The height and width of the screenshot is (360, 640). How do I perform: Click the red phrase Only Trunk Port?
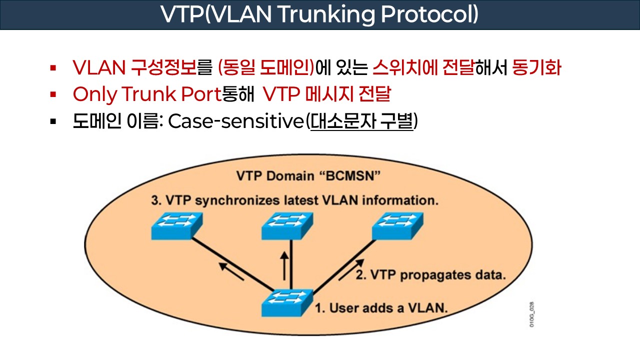146,94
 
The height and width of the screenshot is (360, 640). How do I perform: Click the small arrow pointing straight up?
284,265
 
